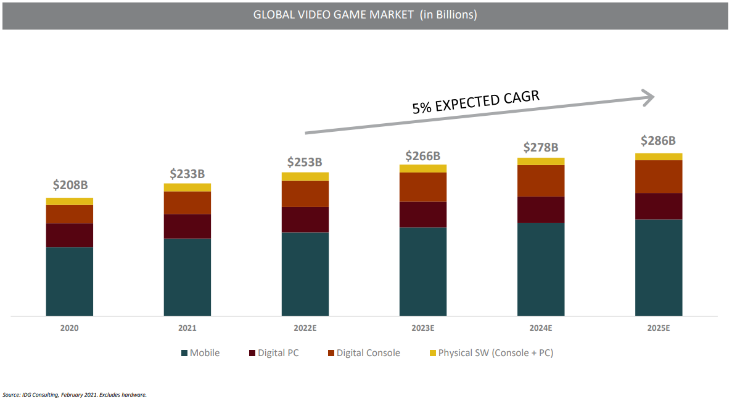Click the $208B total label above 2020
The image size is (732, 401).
pyautogui.click(x=69, y=185)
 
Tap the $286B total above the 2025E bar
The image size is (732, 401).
pyautogui.click(x=659, y=140)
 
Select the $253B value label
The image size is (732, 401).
pyautogui.click(x=305, y=163)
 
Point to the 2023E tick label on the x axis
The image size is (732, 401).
pyautogui.click(x=422, y=328)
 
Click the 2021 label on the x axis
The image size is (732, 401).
pyautogui.click(x=187, y=328)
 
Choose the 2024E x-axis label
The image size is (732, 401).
pyautogui.click(x=540, y=328)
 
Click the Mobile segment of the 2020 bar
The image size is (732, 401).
pyautogui.click(x=69, y=282)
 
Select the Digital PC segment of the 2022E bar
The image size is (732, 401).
pyautogui.click(x=305, y=219)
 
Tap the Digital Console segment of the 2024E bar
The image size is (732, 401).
pyautogui.click(x=541, y=180)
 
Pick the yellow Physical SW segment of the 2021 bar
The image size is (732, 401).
pyautogui.click(x=187, y=187)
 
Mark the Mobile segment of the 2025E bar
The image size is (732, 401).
pyautogui.click(x=659, y=267)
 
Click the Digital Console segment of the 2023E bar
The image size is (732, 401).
pyautogui.click(x=422, y=187)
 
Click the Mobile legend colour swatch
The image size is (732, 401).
pyautogui.click(x=184, y=354)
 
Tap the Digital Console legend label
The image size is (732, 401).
pyautogui.click(x=368, y=353)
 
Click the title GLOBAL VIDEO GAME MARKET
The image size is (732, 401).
pyautogui.click(x=365, y=15)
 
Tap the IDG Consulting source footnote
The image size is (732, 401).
pyautogui.click(x=75, y=394)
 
